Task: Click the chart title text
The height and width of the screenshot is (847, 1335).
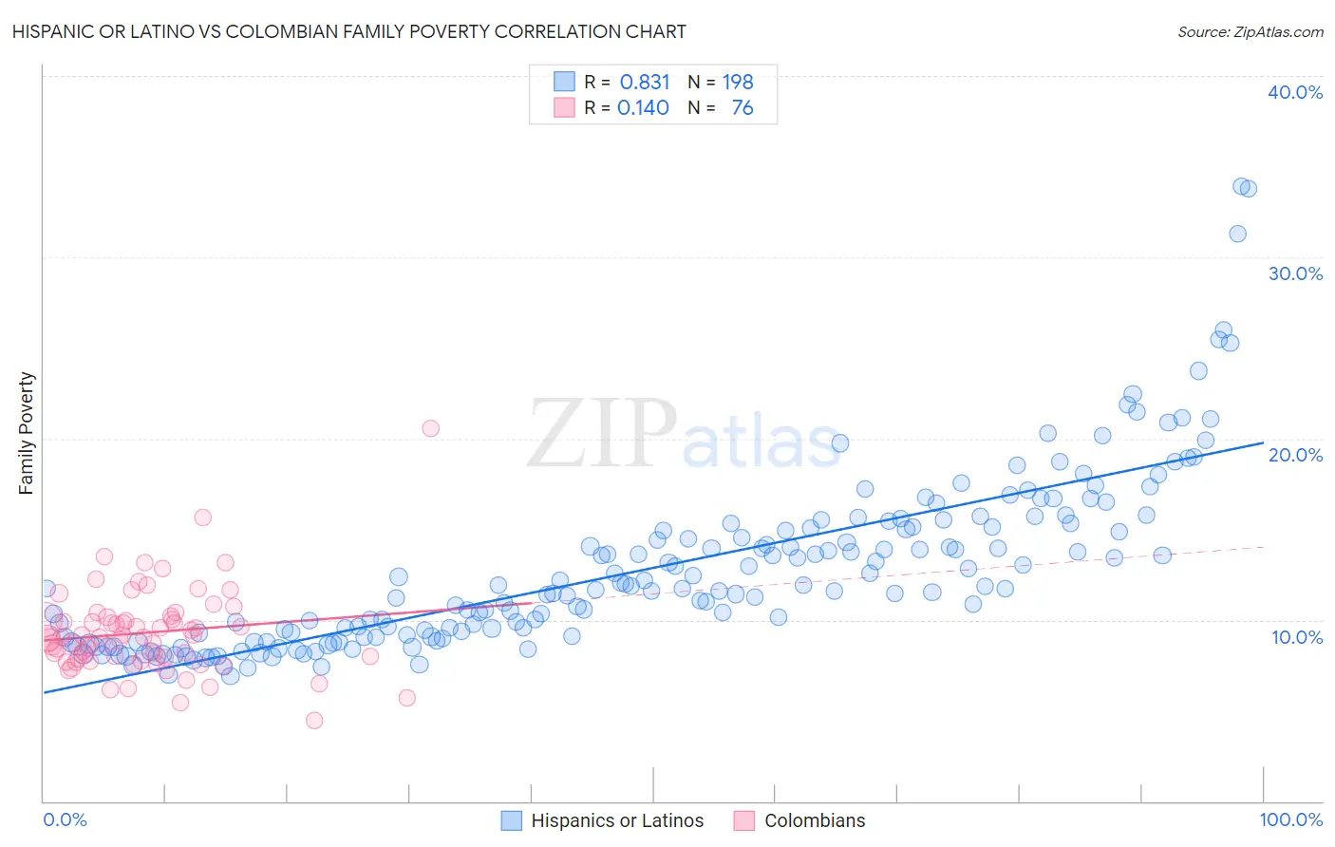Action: [x=348, y=31]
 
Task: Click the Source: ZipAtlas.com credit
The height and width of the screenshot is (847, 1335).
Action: [x=1250, y=31]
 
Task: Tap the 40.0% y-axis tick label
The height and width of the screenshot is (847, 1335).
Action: [x=1294, y=92]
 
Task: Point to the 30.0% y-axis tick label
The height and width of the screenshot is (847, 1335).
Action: [x=1294, y=273]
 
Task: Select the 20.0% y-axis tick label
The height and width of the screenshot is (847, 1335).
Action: [x=1294, y=455]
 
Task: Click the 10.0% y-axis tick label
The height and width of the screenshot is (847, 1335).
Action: [x=1296, y=637]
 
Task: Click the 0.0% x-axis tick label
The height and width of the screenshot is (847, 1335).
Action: [x=65, y=819]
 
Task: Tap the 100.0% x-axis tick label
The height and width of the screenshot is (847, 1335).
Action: [x=1290, y=819]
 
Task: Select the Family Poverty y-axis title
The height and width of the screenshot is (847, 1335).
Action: [x=27, y=433]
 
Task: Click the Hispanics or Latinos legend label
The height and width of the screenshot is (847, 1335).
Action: [x=617, y=820]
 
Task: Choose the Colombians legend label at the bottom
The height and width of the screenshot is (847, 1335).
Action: [x=815, y=820]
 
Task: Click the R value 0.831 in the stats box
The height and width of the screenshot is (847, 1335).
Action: [x=645, y=83]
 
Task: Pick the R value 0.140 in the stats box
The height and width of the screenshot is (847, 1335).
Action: [x=643, y=108]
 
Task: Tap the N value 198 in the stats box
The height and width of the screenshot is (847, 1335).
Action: [x=738, y=83]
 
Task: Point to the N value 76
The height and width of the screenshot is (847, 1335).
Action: [x=742, y=108]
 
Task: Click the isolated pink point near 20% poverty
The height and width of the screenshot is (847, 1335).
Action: [x=430, y=428]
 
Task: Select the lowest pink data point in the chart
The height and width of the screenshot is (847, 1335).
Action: [x=314, y=721]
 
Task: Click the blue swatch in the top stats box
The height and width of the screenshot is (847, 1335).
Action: [x=564, y=82]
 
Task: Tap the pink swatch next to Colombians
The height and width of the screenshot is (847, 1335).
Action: [x=743, y=820]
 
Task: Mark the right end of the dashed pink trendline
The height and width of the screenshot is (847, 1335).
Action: [x=1263, y=547]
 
